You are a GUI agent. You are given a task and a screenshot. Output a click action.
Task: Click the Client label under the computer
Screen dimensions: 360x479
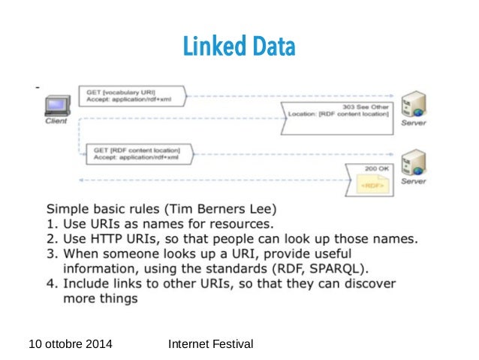click(x=56, y=120)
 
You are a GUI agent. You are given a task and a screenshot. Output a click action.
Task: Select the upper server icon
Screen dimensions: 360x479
click(x=414, y=104)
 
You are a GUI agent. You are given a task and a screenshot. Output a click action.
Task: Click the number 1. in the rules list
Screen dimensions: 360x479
click(x=53, y=223)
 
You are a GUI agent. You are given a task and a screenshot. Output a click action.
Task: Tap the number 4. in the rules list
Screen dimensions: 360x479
click(x=53, y=283)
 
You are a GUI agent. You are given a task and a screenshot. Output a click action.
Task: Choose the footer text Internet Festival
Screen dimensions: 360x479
click(x=212, y=344)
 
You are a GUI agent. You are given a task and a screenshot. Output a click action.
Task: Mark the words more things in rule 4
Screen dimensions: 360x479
click(x=101, y=298)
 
